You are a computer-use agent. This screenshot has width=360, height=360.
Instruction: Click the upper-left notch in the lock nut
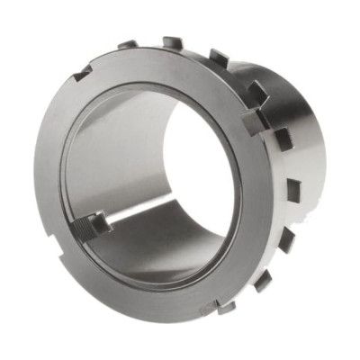coord(83,73)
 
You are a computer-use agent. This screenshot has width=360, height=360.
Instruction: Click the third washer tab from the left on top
coord(219,56)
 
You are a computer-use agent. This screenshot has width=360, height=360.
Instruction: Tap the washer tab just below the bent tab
coord(282,137)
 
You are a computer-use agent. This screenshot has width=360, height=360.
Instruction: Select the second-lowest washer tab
coord(262,282)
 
